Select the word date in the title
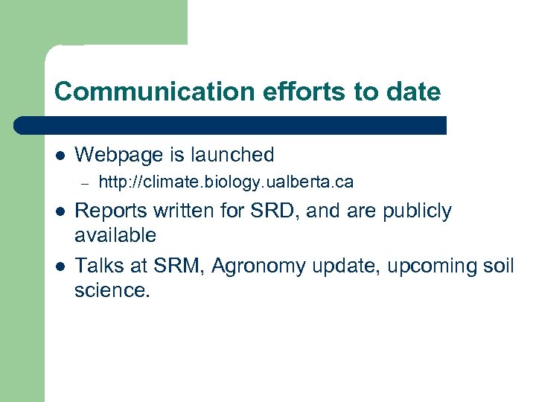(415, 92)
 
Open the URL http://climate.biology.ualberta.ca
(226, 182)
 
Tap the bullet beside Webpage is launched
(59, 156)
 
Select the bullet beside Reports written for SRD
(59, 212)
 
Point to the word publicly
(417, 211)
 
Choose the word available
(115, 236)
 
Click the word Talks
(98, 267)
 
